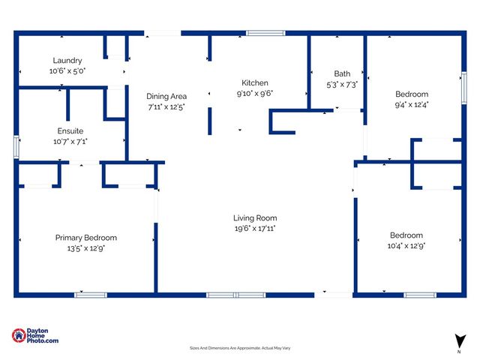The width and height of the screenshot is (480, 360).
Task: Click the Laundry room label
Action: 67,61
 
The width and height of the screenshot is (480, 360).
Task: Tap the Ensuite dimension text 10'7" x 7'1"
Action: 70,141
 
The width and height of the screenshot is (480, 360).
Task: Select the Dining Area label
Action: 166,96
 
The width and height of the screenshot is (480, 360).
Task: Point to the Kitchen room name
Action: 255,83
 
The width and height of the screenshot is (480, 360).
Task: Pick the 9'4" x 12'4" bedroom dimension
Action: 412,104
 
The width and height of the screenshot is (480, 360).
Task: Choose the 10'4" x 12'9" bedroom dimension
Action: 406,245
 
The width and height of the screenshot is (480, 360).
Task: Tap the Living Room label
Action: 255,218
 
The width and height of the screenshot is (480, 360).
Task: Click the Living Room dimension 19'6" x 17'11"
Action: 255,228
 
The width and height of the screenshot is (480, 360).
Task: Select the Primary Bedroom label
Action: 86,238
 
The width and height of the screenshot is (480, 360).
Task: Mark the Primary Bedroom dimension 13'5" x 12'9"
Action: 86,247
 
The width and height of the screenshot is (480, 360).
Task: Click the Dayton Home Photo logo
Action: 35,336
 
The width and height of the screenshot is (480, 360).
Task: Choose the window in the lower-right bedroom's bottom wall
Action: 418,295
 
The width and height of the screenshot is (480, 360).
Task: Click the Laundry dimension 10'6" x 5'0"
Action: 67,70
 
